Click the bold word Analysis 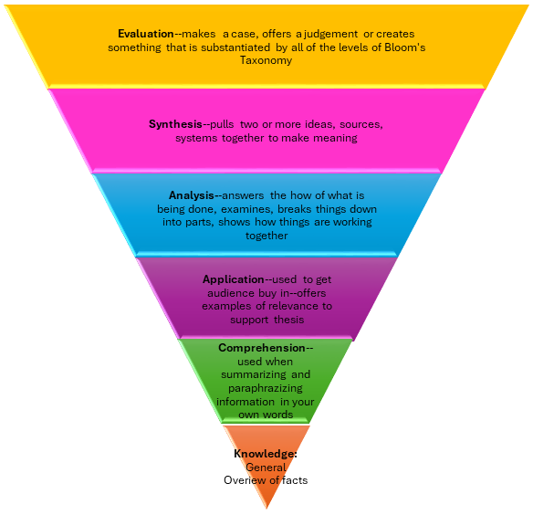[x=193, y=194]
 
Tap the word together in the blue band [x=266, y=236]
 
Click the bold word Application [x=233, y=279]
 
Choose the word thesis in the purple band [x=286, y=320]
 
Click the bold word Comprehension [x=262, y=348]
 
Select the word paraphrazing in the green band [x=266, y=388]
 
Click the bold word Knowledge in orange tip [x=265, y=454]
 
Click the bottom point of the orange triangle [x=266, y=508]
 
